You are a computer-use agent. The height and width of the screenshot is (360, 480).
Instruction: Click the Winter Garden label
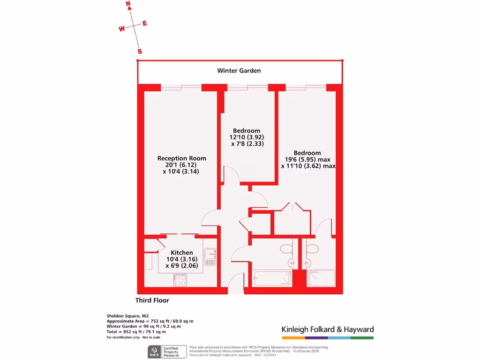(x=239, y=71)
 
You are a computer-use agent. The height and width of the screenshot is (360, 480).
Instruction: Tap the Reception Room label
(x=181, y=158)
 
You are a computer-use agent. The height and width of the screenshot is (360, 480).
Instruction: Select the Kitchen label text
(x=181, y=253)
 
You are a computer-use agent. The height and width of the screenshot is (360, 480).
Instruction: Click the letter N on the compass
(x=128, y=4)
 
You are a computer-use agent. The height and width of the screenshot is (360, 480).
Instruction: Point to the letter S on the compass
(x=140, y=51)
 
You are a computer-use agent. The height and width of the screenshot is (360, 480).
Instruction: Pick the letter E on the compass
(x=145, y=23)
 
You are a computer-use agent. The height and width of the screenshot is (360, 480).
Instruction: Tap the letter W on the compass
(x=121, y=29)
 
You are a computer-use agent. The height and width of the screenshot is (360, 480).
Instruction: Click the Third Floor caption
(x=152, y=300)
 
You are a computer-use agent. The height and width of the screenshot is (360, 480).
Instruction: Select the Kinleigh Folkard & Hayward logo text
(x=327, y=330)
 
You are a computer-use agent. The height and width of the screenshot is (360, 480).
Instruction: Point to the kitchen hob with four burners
(x=180, y=280)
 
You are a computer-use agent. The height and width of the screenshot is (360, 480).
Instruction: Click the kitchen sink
(x=209, y=257)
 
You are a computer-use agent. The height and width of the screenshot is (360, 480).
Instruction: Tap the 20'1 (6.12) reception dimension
(x=181, y=165)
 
